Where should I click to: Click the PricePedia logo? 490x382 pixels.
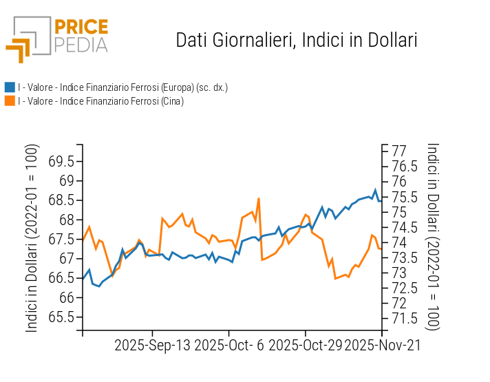pos(58,39)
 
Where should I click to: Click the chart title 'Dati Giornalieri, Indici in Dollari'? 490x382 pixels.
pos(297,40)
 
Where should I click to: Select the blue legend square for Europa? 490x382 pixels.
pos(10,87)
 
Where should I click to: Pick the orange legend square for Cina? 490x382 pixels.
pos(10,101)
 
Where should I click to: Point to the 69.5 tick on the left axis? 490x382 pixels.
pos(61,162)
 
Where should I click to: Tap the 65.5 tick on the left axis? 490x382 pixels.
pos(61,317)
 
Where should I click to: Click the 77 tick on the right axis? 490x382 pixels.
pos(398,151)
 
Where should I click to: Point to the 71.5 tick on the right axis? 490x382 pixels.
pos(405,318)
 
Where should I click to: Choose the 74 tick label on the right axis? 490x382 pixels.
pos(398,242)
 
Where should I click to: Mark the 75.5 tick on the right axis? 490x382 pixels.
pos(405,197)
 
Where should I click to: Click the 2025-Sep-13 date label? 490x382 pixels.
pos(152,344)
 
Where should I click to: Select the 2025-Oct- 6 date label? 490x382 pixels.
pos(229,344)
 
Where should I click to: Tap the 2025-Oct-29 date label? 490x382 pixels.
pos(305,344)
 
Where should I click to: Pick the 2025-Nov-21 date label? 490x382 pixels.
pos(383,344)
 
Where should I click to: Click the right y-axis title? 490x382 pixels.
pos(433,236)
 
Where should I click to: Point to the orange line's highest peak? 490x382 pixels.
pos(259,198)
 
